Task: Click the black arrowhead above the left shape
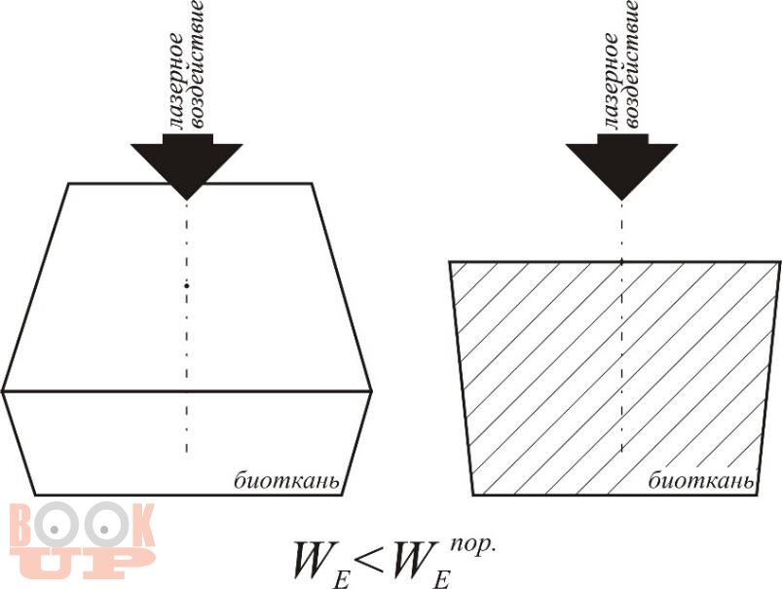tap(186, 162)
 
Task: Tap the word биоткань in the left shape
tap(286, 479)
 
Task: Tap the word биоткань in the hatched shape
tap(700, 480)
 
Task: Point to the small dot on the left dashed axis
tap(187, 285)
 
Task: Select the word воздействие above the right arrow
tap(631, 63)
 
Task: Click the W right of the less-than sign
tap(421, 558)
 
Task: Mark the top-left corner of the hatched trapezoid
tap(449, 262)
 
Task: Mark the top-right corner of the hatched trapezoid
tap(779, 262)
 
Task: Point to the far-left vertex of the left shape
tap(3, 391)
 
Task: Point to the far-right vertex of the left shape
tap(372, 391)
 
